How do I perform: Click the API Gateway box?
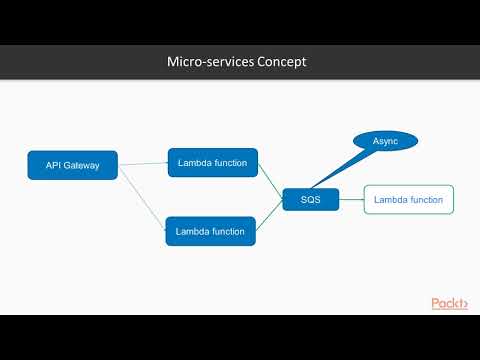pos(73,165)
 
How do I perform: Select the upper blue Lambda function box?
pos(212,161)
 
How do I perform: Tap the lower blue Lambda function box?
pos(210,231)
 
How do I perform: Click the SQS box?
pos(310,200)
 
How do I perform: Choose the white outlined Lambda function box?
pos(408,200)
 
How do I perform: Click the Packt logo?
pos(449,303)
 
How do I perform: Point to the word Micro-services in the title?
pos(207,62)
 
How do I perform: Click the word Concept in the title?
pos(279,62)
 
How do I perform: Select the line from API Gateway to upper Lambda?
pos(143,163)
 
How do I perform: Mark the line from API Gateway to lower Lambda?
pos(142,199)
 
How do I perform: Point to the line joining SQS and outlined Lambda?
pos(351,200)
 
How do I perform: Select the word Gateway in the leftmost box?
pos(82,165)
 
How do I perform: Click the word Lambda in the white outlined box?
pos(391,200)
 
